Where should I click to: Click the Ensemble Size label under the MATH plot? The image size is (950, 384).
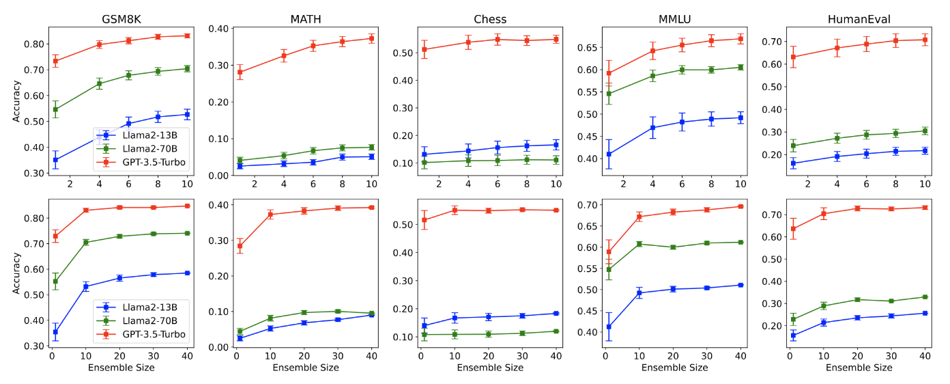[305, 368]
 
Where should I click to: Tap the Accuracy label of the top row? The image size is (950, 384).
[16, 101]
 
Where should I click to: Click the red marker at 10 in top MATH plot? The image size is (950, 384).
[371, 39]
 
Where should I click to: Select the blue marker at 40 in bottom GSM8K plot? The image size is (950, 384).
[187, 273]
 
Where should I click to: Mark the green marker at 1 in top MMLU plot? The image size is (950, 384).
[609, 94]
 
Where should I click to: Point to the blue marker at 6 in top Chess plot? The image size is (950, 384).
[497, 148]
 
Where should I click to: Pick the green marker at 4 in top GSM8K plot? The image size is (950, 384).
[99, 84]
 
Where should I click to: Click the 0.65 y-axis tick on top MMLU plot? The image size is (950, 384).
[588, 48]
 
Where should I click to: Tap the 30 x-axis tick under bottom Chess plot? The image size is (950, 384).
[523, 355]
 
